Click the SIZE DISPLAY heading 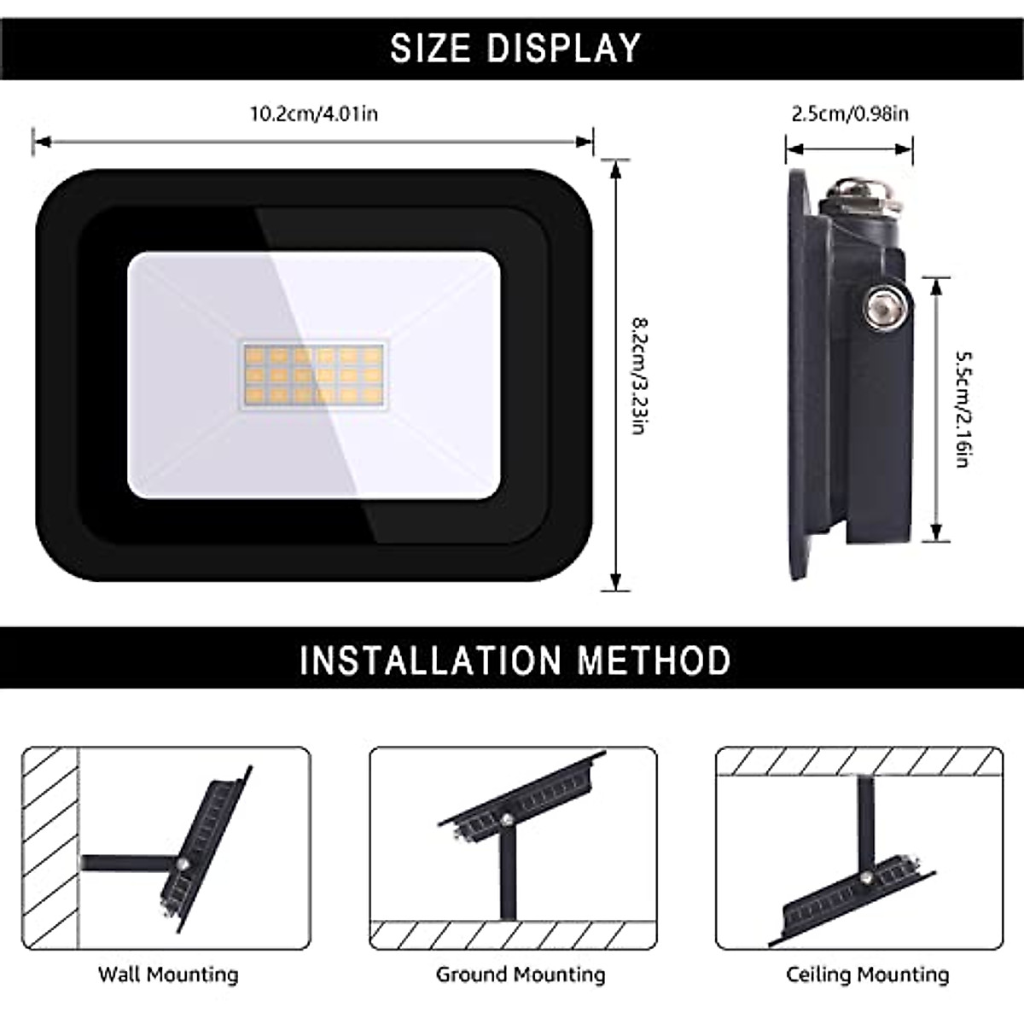pyautogui.click(x=515, y=48)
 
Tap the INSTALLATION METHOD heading pyautogui.click(x=515, y=660)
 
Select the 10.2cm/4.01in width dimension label pyautogui.click(x=313, y=113)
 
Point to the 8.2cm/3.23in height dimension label pyautogui.click(x=637, y=375)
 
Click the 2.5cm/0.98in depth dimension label pyautogui.click(x=850, y=113)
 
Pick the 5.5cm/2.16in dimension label pyautogui.click(x=961, y=410)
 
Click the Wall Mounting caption pyautogui.click(x=168, y=975)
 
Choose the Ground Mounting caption pyautogui.click(x=521, y=975)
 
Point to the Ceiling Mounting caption pyautogui.click(x=867, y=975)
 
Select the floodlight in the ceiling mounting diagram pyautogui.click(x=858, y=896)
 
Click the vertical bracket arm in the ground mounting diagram pyautogui.click(x=509, y=879)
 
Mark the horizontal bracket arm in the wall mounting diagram pyautogui.click(x=128, y=864)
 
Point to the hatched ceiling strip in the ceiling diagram pyautogui.click(x=858, y=760)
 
